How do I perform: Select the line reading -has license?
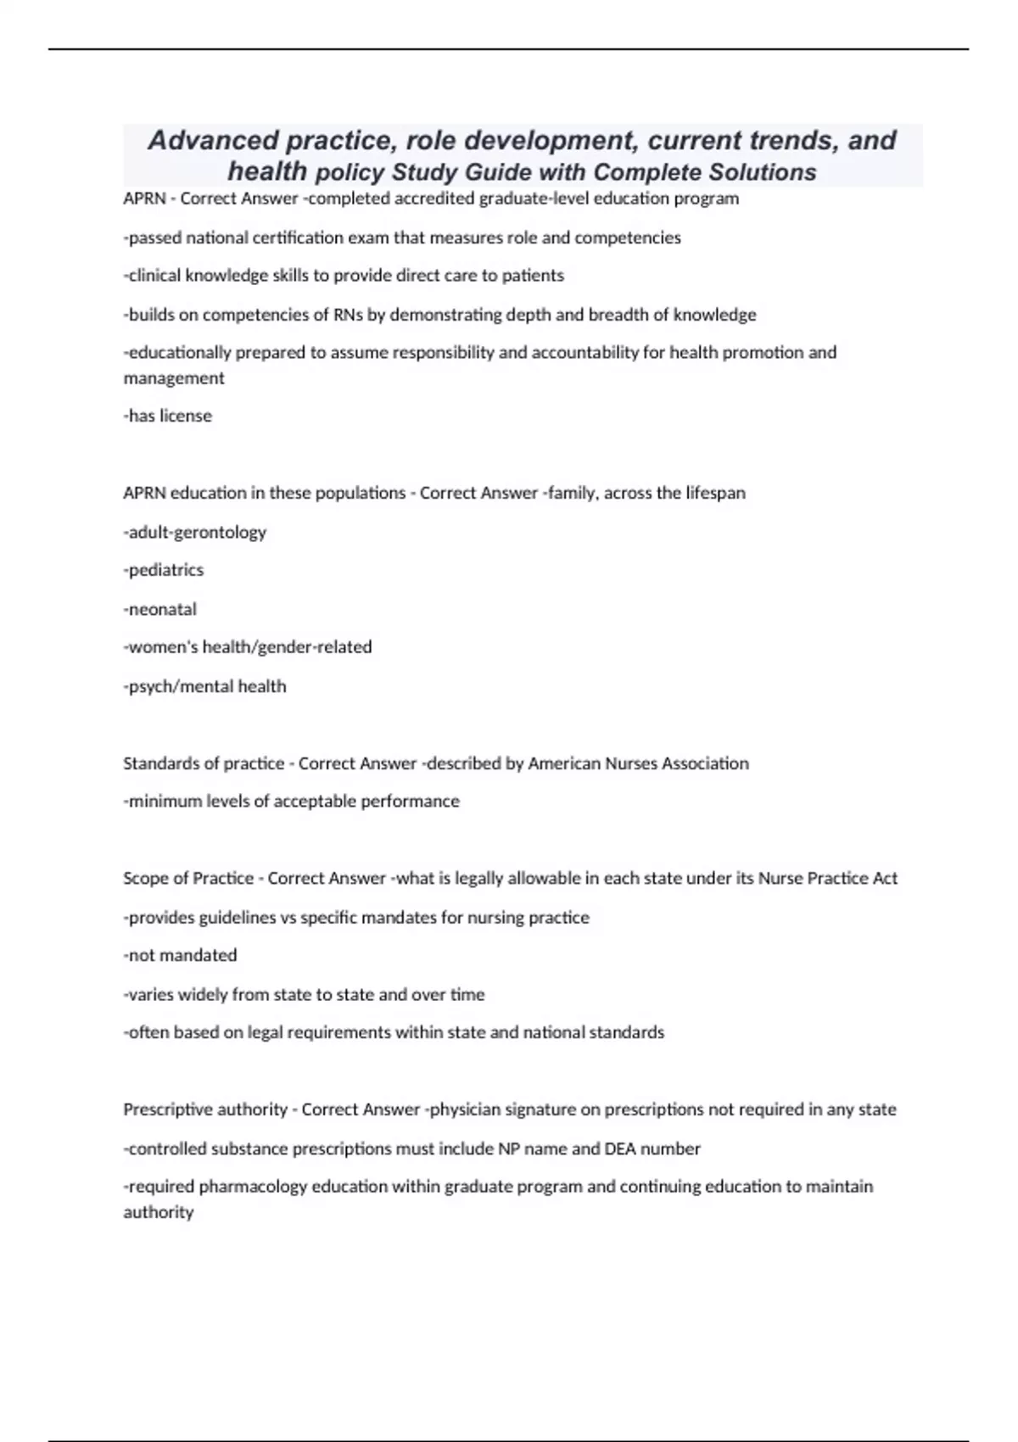point(168,416)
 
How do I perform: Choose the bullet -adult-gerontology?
point(195,532)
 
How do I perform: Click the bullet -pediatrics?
point(164,570)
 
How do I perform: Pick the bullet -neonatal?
point(160,609)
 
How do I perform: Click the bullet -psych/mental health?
point(205,686)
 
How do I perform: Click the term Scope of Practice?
point(188,878)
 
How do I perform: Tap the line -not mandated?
point(181,955)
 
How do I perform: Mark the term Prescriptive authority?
point(205,1109)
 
